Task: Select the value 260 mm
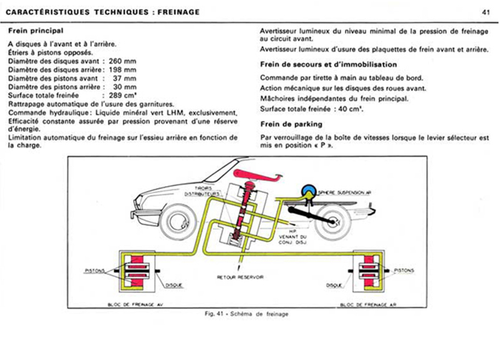click(x=122, y=61)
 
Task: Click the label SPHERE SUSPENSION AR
click(x=346, y=194)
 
